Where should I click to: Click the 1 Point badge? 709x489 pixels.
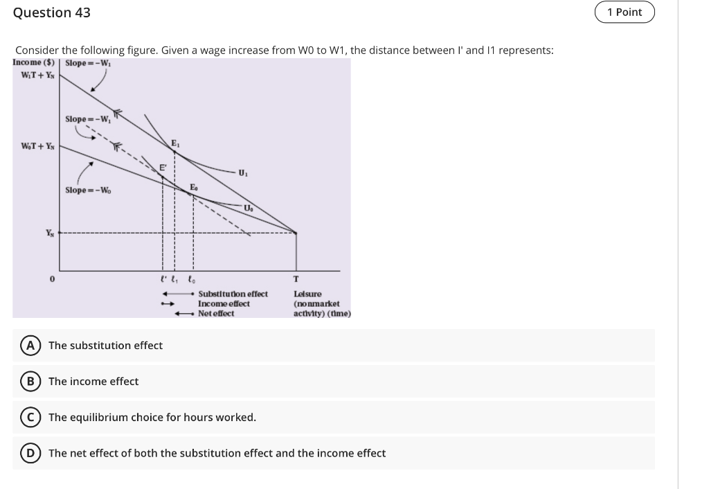click(x=625, y=12)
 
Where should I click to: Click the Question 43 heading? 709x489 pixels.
click(x=52, y=12)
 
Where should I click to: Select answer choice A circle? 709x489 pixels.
click(x=30, y=345)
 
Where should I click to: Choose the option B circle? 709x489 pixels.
click(x=30, y=381)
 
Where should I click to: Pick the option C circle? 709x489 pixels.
click(x=30, y=417)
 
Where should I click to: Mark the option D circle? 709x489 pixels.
click(x=30, y=453)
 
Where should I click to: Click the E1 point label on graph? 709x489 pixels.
click(x=176, y=143)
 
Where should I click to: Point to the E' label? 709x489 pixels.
click(x=163, y=168)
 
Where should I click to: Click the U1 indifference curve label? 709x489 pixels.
click(x=242, y=172)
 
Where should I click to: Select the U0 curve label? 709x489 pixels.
click(x=248, y=208)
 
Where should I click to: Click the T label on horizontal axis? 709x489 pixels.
click(x=296, y=280)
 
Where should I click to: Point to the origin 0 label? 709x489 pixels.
click(x=51, y=280)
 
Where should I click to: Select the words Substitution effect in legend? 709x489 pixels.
click(x=233, y=294)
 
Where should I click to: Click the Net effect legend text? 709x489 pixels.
click(x=216, y=313)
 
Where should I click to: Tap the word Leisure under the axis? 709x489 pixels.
click(x=307, y=294)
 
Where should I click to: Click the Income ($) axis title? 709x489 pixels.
click(x=35, y=63)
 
